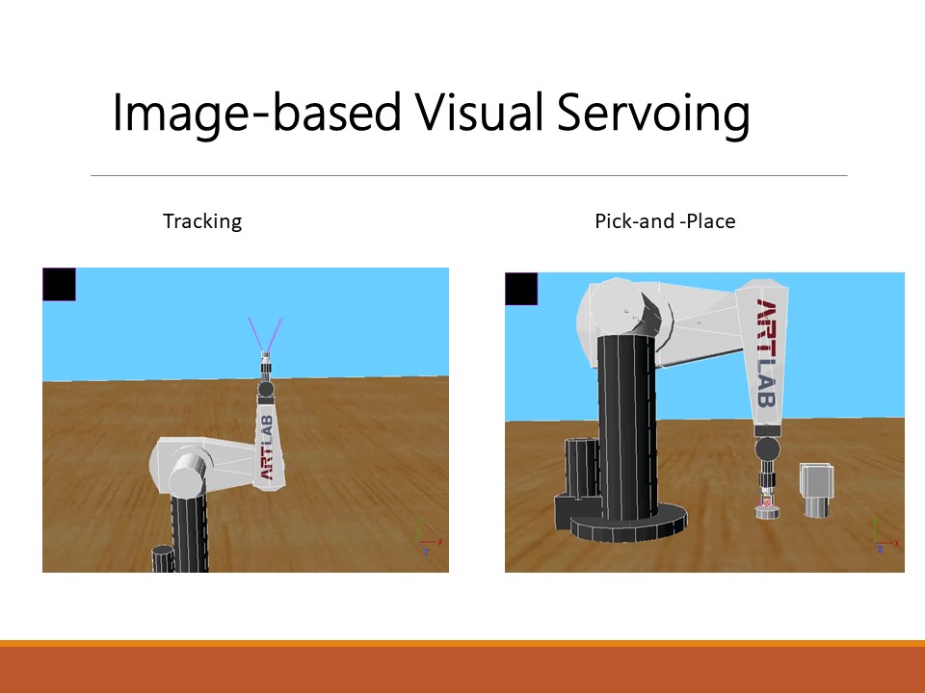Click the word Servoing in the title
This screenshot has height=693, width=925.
coord(653,113)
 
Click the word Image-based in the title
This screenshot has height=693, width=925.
coord(256,113)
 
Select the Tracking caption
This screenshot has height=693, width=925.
coord(202,221)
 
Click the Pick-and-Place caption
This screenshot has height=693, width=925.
coord(665,221)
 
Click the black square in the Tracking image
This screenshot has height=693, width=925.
coord(59,284)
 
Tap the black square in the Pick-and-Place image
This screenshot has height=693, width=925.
coord(521,289)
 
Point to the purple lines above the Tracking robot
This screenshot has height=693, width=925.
coord(266,334)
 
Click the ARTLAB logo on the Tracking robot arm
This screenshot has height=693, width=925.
coord(267,448)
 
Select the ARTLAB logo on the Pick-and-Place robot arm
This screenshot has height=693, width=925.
coord(766,353)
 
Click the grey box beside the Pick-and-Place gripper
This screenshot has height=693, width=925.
coord(816,490)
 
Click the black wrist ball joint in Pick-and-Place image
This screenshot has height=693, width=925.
coord(767,449)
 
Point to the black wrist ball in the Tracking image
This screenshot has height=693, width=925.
coord(266,389)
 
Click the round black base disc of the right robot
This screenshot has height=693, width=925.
coord(629,525)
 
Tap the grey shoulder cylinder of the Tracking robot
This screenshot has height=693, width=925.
coord(188,475)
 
